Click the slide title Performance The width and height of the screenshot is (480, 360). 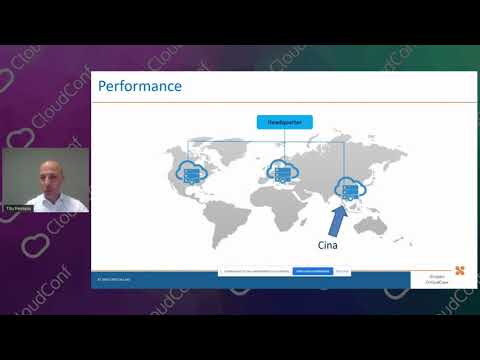click(x=140, y=87)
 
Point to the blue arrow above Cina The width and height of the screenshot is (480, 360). click(x=337, y=213)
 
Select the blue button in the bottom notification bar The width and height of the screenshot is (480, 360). click(x=311, y=271)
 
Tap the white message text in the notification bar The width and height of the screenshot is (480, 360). click(x=254, y=271)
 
